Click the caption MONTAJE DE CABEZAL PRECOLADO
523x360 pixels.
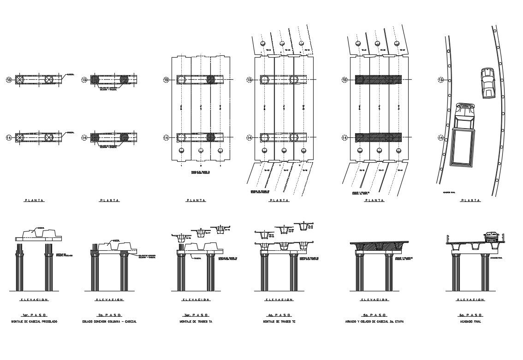click(x=35, y=321)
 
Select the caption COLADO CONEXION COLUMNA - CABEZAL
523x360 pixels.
click(x=109, y=321)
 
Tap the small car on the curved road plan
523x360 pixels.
click(x=487, y=83)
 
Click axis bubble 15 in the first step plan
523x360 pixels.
click(x=8, y=80)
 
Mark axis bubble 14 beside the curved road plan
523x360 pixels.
click(x=440, y=138)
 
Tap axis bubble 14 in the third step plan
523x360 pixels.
click(x=166, y=138)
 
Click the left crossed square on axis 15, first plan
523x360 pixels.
click(x=20, y=80)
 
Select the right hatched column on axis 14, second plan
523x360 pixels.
click(x=124, y=137)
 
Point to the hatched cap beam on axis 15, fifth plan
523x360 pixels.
click(x=378, y=80)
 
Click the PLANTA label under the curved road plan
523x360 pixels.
click(x=470, y=201)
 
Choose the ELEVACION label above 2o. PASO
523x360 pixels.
click(x=109, y=300)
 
